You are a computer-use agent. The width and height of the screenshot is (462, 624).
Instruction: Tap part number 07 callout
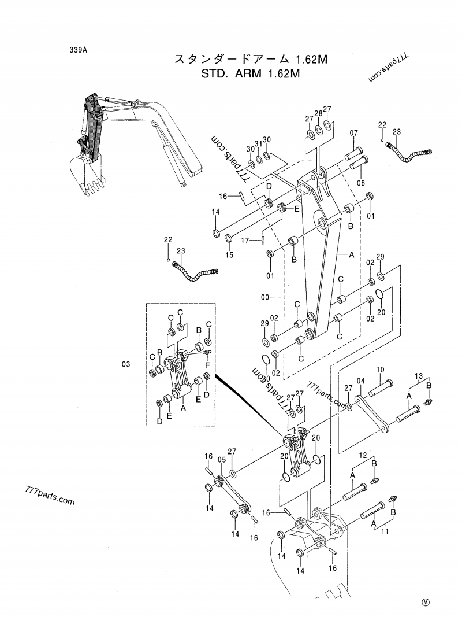tap(354, 134)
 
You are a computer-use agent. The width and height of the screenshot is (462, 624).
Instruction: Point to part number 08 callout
tap(361, 183)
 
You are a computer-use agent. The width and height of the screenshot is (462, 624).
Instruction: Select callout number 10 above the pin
tap(381, 370)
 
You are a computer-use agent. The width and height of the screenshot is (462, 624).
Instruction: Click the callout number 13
tap(419, 376)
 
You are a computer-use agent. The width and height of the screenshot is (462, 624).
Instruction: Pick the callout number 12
tap(362, 456)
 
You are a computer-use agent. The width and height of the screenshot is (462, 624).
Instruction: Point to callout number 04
tap(361, 381)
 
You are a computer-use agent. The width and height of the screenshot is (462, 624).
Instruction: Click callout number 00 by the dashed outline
tap(265, 297)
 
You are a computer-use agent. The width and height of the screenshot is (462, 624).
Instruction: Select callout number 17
tap(245, 241)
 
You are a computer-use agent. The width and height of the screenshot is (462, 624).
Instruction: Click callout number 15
tap(229, 254)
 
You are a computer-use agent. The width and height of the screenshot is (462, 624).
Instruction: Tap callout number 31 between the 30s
tap(259, 144)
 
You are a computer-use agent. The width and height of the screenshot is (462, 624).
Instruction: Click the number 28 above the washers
tap(318, 113)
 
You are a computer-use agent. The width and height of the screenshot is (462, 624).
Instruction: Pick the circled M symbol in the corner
tap(426, 603)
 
